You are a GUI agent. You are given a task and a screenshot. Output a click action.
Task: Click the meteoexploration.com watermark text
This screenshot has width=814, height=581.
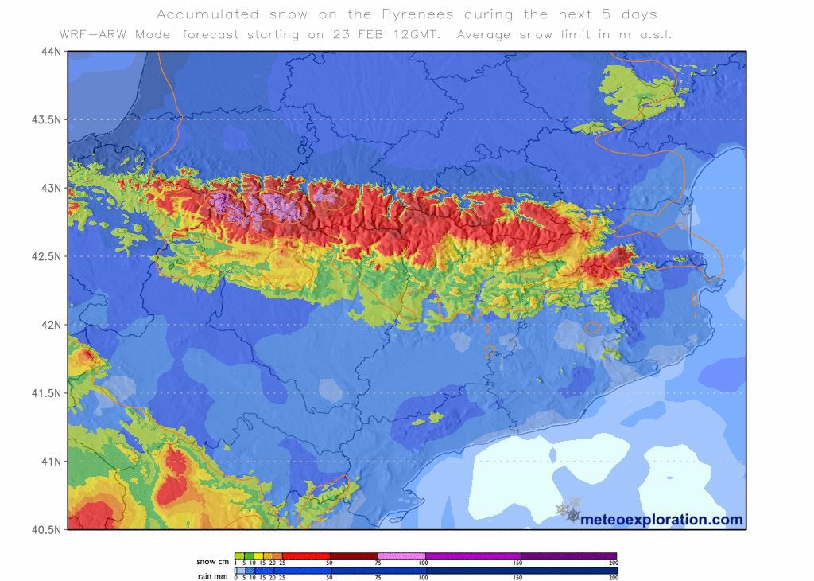click(661, 520)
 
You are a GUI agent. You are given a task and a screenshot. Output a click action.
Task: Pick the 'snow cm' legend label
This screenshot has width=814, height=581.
click(212, 562)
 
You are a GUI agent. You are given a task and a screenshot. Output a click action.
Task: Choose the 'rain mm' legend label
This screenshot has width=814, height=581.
click(212, 576)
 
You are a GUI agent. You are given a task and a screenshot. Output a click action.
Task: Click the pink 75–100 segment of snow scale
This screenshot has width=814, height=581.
click(401, 556)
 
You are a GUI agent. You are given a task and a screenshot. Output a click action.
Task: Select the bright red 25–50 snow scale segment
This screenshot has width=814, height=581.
click(306, 556)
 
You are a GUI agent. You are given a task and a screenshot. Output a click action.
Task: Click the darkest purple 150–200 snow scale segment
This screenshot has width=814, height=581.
click(568, 556)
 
